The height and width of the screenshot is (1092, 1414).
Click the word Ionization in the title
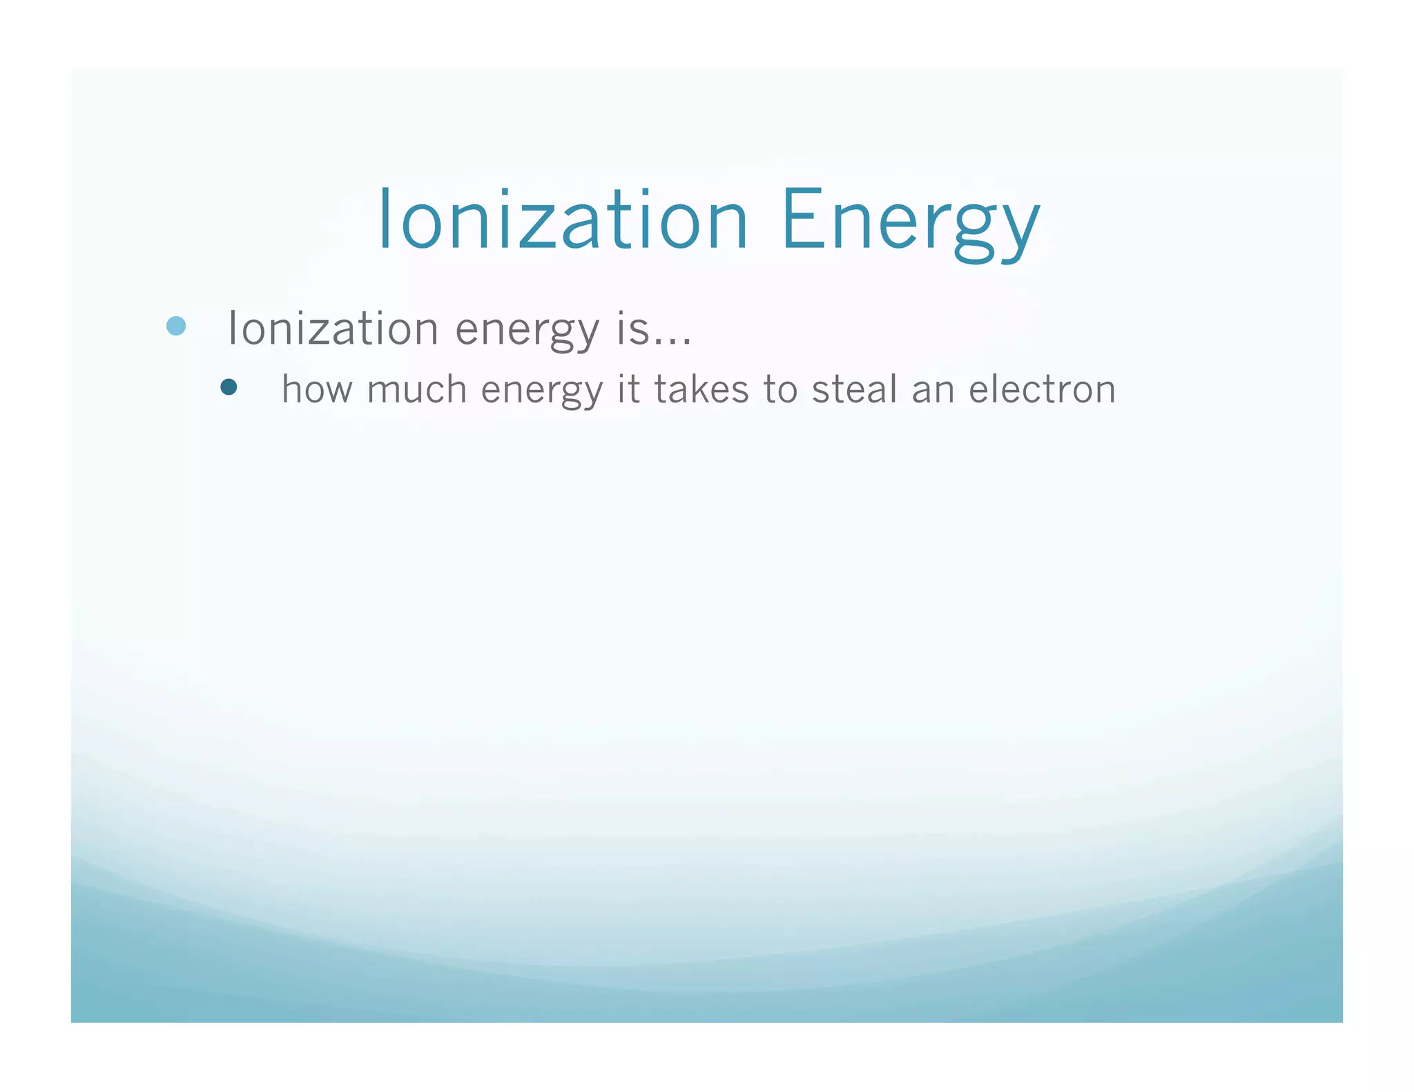[563, 220]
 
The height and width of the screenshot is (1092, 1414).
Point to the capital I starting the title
[385, 220]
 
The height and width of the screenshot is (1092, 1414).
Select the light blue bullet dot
[177, 326]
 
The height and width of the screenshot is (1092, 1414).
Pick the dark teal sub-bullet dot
[229, 387]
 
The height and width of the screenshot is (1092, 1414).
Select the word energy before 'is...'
[527, 331]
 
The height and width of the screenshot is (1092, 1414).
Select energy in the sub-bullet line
[542, 392]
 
